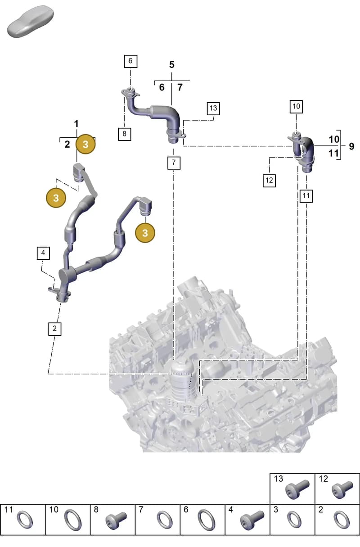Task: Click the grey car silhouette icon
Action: tap(31, 22)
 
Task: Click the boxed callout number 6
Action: tap(130, 61)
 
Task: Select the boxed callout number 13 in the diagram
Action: tap(213, 108)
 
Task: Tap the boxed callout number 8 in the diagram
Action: tap(125, 134)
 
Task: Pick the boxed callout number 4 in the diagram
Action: tap(43, 253)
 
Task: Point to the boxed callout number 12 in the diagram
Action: tap(269, 181)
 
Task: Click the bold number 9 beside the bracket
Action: tap(351, 146)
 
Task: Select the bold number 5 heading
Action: tap(172, 65)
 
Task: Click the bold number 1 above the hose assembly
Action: tap(76, 124)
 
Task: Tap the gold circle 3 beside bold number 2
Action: tap(85, 144)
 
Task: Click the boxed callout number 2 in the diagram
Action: tap(54, 329)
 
